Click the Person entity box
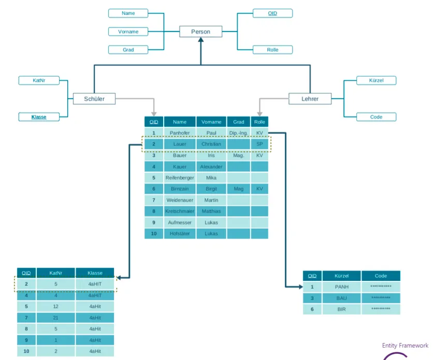click(x=200, y=32)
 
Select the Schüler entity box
click(x=94, y=99)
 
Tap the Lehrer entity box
click(x=310, y=99)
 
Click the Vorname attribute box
click(x=128, y=32)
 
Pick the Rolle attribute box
click(x=272, y=50)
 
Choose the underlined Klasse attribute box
click(x=39, y=117)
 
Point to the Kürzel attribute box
click(x=376, y=81)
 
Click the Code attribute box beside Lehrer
click(x=376, y=117)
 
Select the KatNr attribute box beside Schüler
click(x=39, y=81)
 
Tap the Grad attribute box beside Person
click(x=128, y=50)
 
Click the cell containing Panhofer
click(x=180, y=133)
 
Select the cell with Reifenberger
click(x=180, y=178)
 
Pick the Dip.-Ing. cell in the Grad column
click(x=239, y=133)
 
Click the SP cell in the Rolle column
click(x=259, y=144)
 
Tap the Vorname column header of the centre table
click(x=211, y=122)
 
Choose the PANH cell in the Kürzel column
click(x=341, y=287)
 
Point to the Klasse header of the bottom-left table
click(x=95, y=273)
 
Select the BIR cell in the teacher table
click(x=341, y=309)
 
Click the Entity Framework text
click(x=405, y=346)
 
